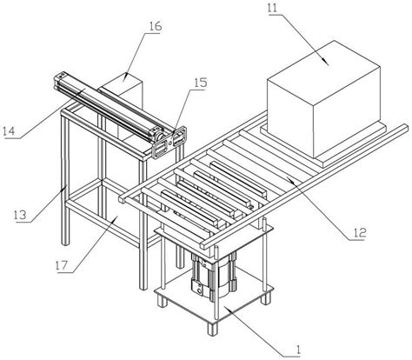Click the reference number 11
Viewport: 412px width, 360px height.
pyautogui.click(x=274, y=8)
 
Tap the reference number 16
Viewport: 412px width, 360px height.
pyautogui.click(x=155, y=26)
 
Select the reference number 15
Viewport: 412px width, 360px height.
pyautogui.click(x=200, y=83)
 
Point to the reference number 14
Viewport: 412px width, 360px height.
pyautogui.click(x=9, y=131)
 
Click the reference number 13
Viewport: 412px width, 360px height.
pyautogui.click(x=20, y=215)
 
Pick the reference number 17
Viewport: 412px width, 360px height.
pyautogui.click(x=62, y=265)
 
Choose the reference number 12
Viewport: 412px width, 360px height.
pyautogui.click(x=359, y=232)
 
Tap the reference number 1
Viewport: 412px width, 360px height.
pyautogui.click(x=297, y=350)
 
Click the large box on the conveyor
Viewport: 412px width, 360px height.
pyautogui.click(x=323, y=98)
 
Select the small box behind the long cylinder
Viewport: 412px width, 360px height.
pyautogui.click(x=123, y=90)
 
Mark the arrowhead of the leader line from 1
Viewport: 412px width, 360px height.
pyautogui.click(x=228, y=310)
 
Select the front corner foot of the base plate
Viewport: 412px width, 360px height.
pyautogui.click(x=212, y=329)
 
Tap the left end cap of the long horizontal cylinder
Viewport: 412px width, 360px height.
pyautogui.click(x=58, y=82)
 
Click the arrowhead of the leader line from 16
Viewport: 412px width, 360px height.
pyautogui.click(x=124, y=78)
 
